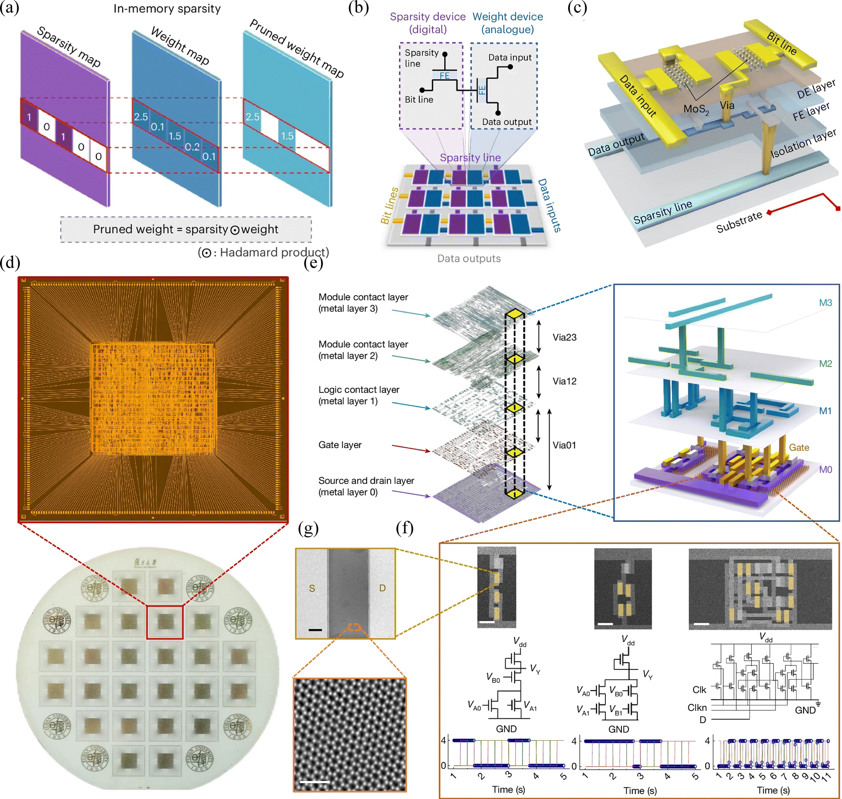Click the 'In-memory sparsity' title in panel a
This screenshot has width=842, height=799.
(x=167, y=9)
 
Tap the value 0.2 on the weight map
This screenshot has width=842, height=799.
(x=192, y=147)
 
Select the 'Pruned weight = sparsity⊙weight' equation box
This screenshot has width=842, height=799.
(x=186, y=229)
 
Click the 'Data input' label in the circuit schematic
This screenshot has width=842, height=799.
(x=510, y=57)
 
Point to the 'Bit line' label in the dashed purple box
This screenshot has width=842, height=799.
(x=419, y=99)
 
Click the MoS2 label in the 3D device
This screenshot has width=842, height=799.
(x=696, y=109)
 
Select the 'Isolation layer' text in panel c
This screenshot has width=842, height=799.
(x=803, y=144)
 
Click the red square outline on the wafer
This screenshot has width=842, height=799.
(x=165, y=622)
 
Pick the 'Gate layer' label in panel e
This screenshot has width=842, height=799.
(x=340, y=445)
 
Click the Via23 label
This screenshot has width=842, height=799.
(x=564, y=337)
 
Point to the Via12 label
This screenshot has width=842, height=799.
(x=564, y=381)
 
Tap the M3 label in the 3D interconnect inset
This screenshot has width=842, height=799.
(x=825, y=303)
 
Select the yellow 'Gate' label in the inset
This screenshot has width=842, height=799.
(x=799, y=448)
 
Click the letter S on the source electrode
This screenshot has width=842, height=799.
(x=312, y=588)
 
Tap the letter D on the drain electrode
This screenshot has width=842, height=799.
(x=382, y=588)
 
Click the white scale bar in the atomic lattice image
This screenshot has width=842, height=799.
(x=314, y=781)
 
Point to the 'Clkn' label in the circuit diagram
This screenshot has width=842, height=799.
(x=697, y=707)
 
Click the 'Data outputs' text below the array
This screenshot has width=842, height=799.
(x=468, y=259)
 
